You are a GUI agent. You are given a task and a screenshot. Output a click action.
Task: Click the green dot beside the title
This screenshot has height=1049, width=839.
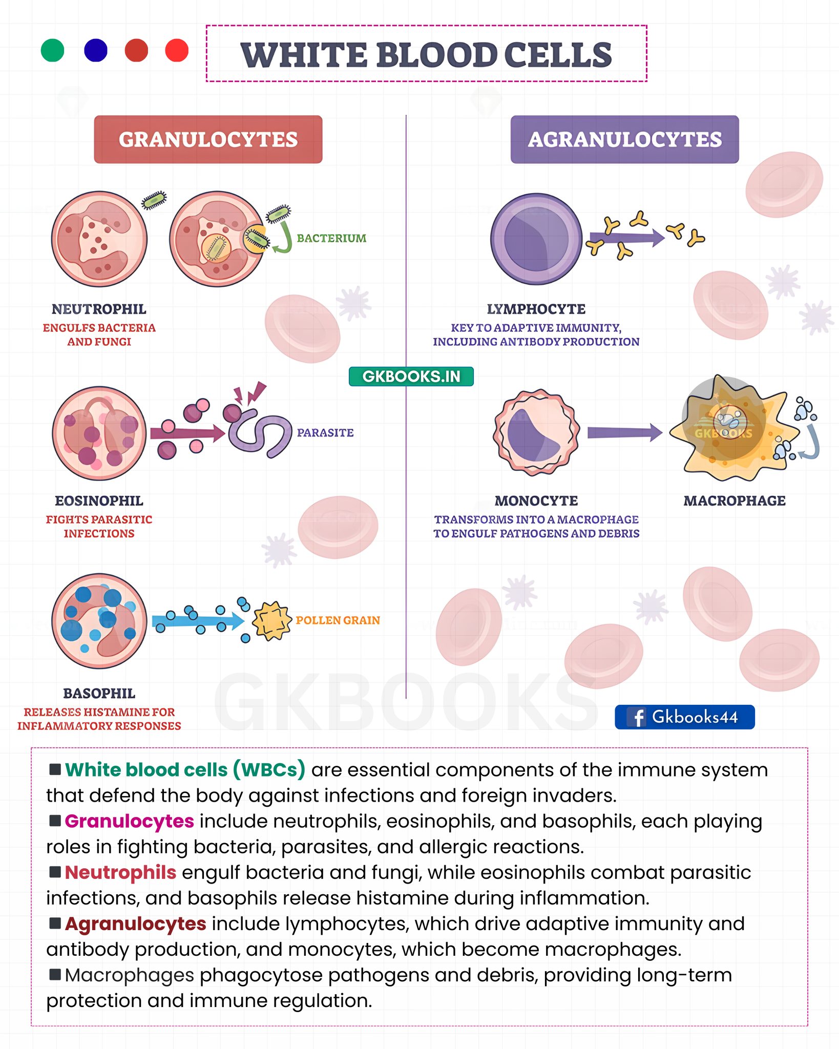pos(52,50)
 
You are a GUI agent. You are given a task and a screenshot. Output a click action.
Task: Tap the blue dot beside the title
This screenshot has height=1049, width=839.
pos(96,50)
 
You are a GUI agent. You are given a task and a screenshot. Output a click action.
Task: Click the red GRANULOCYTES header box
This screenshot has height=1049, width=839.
pos(208,139)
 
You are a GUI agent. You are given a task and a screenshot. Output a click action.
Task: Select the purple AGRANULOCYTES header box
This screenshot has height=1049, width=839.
pos(624,139)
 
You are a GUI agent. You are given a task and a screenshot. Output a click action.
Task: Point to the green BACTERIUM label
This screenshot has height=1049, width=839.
pos(331,238)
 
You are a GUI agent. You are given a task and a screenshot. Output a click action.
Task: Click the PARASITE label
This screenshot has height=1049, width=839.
pos(325,433)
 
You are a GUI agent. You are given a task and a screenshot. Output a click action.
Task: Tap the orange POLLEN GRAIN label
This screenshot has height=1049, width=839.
pos(338,620)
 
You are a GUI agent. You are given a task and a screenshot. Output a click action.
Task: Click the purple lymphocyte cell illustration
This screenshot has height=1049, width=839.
pos(536,239)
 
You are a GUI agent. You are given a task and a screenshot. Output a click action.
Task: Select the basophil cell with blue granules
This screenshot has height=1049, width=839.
pos(99,621)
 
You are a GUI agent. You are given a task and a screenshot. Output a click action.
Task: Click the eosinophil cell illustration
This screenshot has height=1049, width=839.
pos(99,433)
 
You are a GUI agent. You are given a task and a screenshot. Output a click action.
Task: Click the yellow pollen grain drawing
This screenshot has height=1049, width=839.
pos(272,621)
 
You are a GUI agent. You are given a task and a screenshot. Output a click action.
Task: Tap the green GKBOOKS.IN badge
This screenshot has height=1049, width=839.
pos(411,376)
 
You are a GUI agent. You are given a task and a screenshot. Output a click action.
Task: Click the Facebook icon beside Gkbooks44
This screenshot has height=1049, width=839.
pos(638,717)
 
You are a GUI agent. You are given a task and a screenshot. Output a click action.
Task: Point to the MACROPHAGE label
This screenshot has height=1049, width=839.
pos(735,500)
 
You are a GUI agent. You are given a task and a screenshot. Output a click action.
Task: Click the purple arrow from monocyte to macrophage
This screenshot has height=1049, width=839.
pos(625,433)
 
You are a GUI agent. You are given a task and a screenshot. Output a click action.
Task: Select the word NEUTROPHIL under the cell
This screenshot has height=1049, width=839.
pos(99,309)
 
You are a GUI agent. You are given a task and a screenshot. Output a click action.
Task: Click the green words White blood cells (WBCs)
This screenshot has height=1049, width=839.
pos(185,770)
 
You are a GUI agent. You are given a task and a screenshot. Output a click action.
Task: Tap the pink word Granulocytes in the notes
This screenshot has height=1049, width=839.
pos(130,821)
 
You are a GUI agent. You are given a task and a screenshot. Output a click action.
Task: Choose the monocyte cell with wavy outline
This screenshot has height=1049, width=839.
pos(536,433)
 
